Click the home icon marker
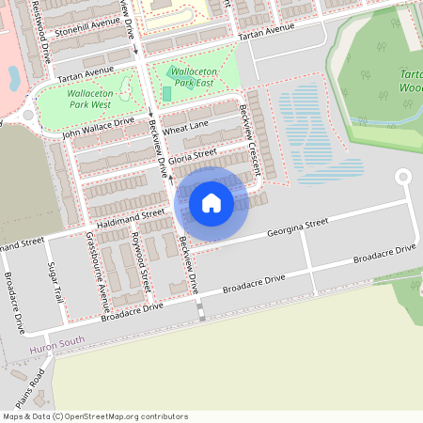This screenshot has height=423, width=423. coord(211,202)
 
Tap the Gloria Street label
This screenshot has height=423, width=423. coord(194,152)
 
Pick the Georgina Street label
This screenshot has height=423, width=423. coord(297,227)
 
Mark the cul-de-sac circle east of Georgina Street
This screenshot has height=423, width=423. coord(403,176)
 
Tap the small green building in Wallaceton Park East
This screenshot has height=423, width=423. coord(166,93)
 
